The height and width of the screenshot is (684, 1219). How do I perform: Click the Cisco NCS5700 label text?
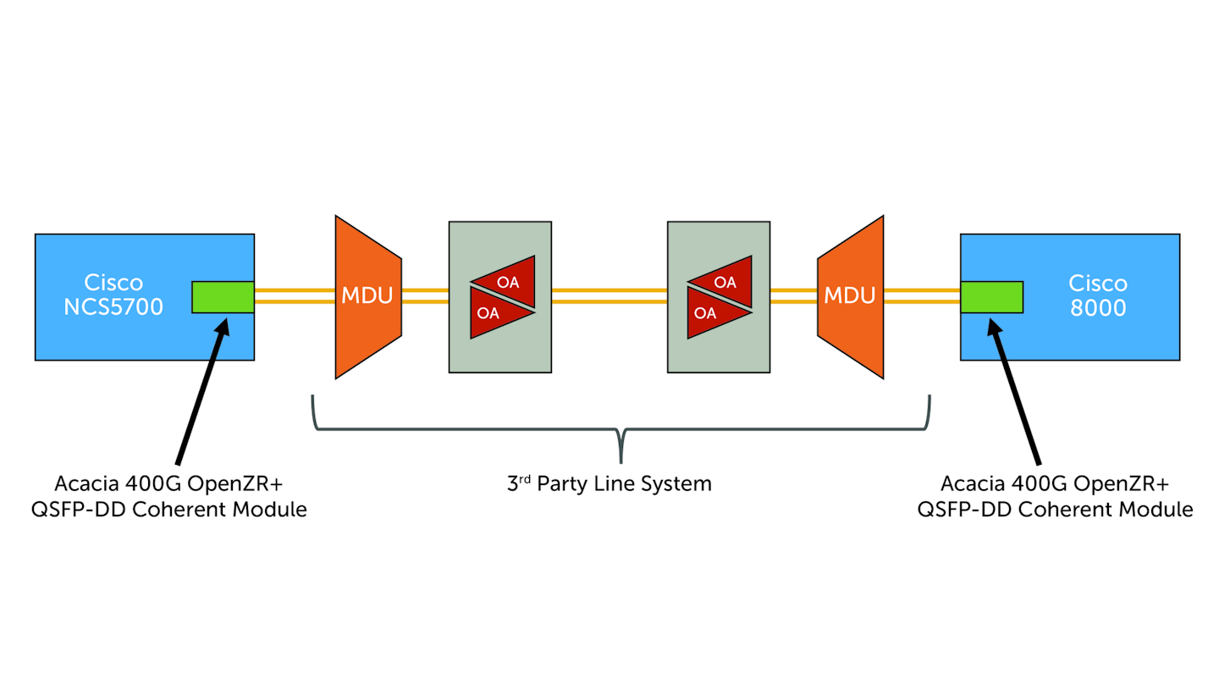coord(113,295)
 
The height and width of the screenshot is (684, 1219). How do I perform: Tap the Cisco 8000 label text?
coord(1097,295)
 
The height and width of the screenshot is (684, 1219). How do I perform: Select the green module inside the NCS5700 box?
coord(223,297)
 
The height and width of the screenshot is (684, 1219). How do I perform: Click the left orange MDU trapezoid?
coord(367,296)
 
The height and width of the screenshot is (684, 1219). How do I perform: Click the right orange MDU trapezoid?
coord(850,296)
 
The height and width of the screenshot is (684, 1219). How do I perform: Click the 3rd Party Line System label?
coord(609,484)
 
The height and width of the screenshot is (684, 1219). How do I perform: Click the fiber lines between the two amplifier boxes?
coord(609,295)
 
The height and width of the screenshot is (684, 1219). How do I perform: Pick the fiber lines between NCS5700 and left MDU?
coord(295,295)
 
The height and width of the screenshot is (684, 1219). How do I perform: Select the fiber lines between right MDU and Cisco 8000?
coord(922,295)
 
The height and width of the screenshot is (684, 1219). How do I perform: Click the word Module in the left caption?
coord(273,510)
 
